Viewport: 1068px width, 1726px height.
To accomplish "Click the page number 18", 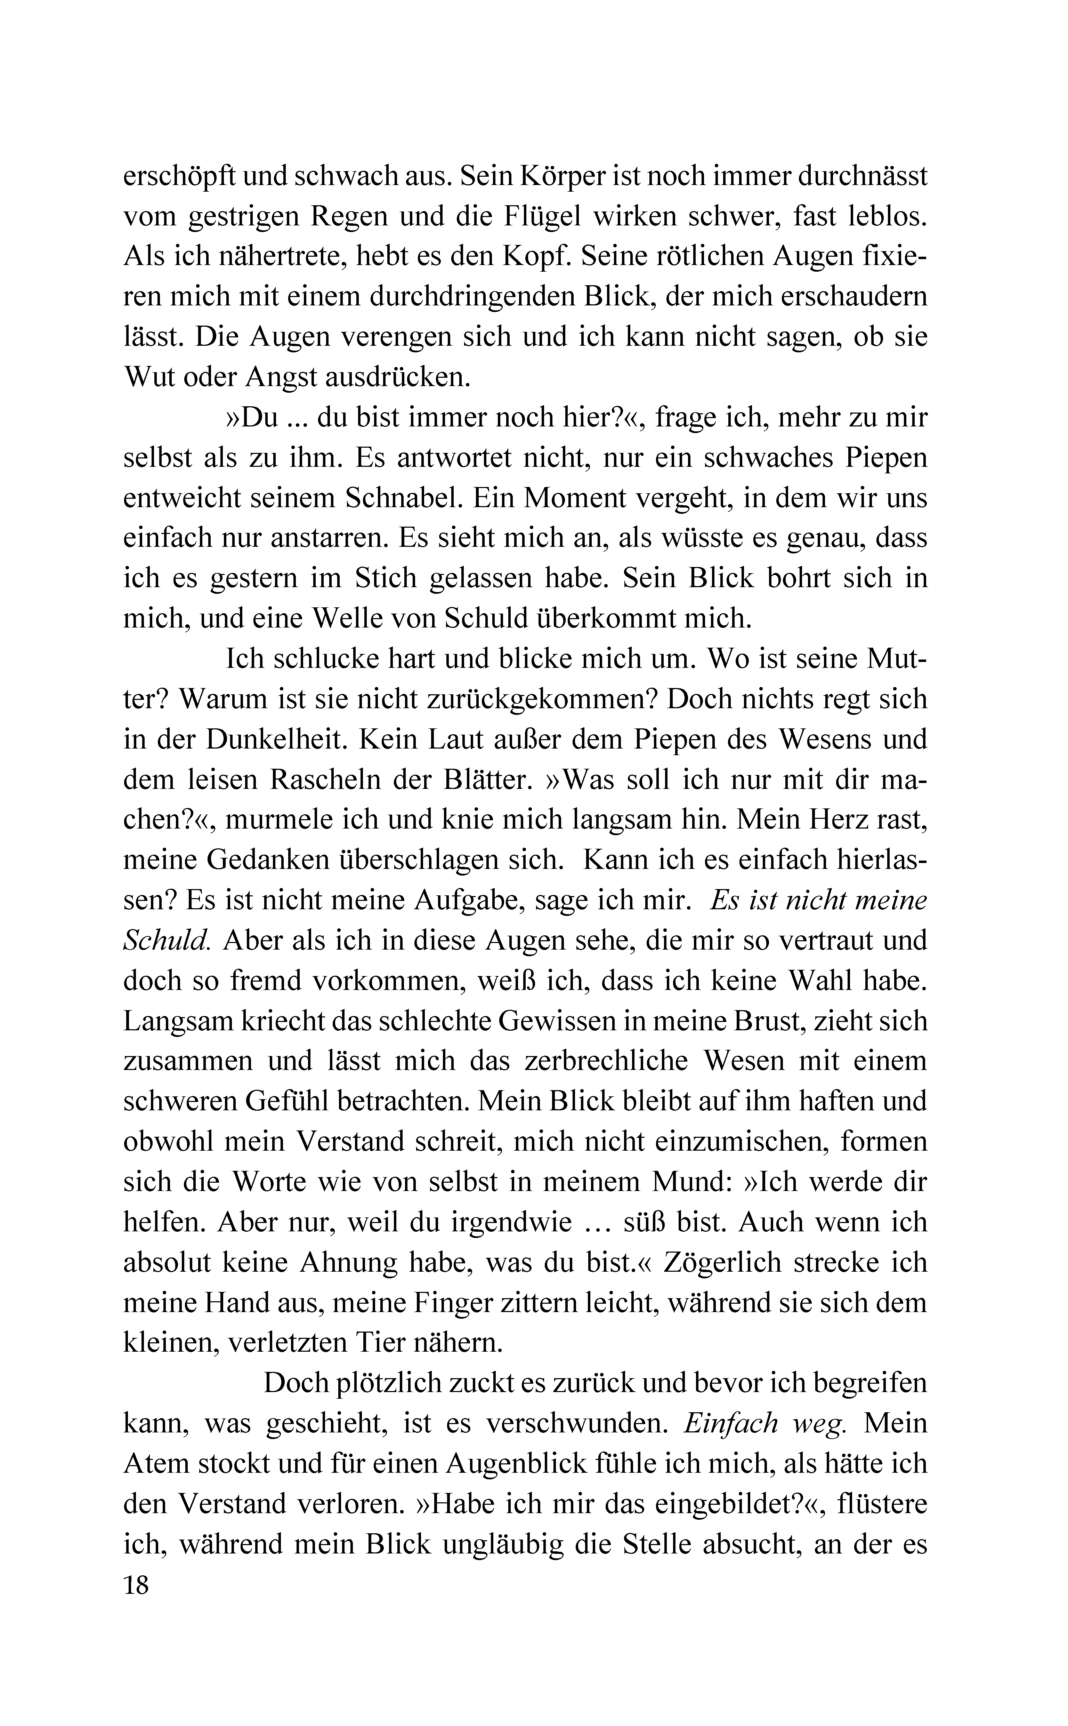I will click(x=136, y=1585).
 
